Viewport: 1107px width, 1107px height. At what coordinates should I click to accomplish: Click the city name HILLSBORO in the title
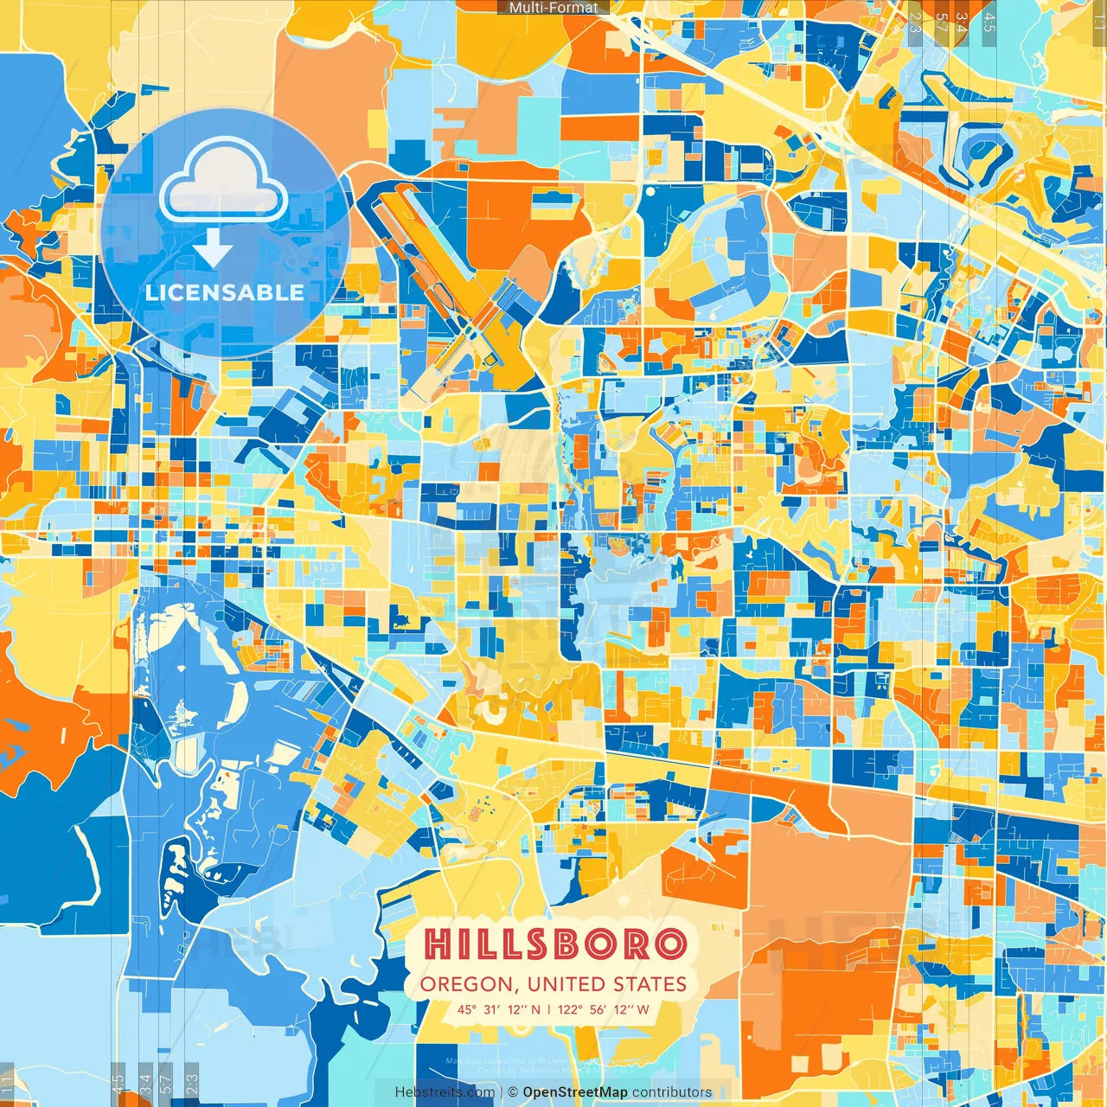(x=556, y=944)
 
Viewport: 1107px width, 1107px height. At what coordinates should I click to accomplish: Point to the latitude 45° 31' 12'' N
(x=499, y=1009)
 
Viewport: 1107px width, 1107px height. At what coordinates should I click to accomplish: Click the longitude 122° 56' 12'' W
(x=603, y=1009)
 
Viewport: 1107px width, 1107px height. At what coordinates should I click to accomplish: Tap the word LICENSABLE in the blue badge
(x=225, y=292)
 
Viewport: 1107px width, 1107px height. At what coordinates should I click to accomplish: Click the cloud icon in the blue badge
(x=222, y=182)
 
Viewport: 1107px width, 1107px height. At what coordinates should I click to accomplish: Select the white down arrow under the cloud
(x=213, y=251)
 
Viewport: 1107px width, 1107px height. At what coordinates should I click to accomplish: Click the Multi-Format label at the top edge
(x=553, y=8)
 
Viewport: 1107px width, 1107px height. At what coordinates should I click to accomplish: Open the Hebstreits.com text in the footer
(x=445, y=1092)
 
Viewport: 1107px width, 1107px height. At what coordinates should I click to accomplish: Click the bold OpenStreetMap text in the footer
(x=574, y=1092)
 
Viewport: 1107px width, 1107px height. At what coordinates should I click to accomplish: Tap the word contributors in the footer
(x=672, y=1092)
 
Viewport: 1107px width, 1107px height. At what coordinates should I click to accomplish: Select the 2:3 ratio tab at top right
(x=915, y=22)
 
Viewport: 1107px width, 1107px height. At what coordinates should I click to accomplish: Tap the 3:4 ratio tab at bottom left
(x=145, y=1084)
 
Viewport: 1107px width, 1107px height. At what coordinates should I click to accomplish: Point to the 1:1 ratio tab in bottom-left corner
(x=7, y=1084)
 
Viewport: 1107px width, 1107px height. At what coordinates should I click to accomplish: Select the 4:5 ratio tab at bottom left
(x=118, y=1084)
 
